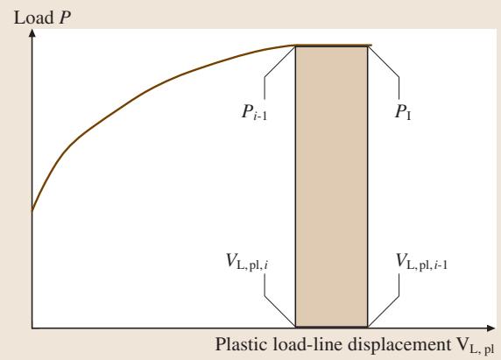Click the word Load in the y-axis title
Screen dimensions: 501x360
[33, 18]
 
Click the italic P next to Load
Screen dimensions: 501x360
[64, 18]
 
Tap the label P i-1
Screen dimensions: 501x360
[254, 112]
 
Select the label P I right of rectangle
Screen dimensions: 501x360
[403, 112]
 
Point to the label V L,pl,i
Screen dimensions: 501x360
[247, 262]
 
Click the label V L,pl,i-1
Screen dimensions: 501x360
[421, 262]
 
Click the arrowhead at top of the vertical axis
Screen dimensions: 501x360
[32, 33]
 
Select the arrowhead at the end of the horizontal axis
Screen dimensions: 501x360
[490, 328]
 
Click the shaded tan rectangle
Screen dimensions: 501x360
[332, 187]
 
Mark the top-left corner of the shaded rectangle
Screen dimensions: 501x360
[295, 46]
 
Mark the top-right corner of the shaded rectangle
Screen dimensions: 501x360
[368, 46]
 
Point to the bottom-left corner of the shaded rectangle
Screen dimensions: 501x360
[295, 327]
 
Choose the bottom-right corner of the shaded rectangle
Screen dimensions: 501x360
[368, 327]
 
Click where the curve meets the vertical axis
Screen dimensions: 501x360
[32, 210]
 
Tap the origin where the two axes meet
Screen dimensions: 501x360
[32, 328]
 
